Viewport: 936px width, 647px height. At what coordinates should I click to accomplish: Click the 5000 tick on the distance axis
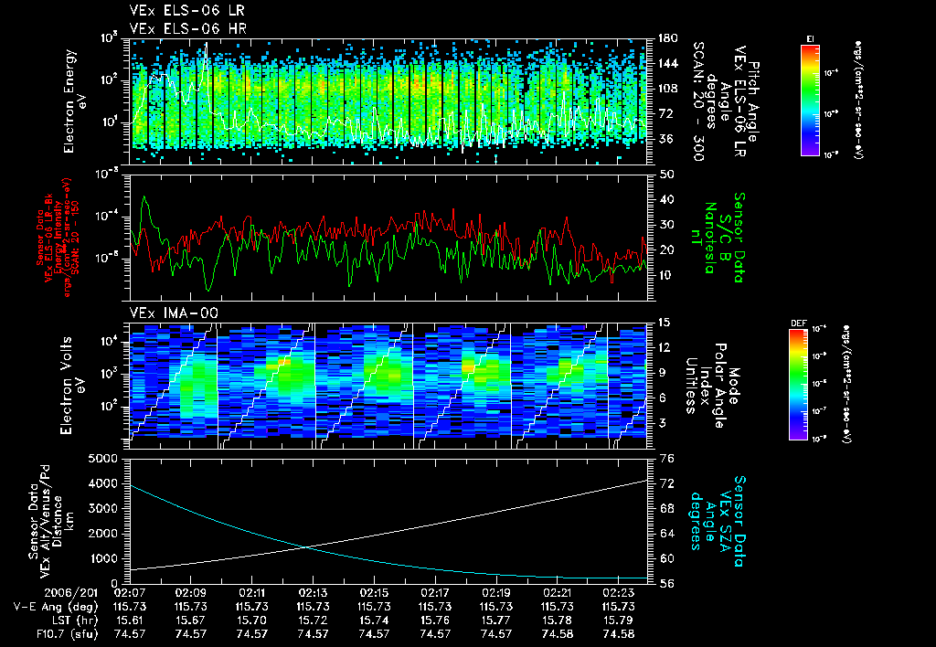pyautogui.click(x=107, y=458)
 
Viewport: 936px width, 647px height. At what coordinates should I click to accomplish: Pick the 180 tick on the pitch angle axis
pyautogui.click(x=665, y=38)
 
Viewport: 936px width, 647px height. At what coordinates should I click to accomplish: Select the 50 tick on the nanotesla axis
pyautogui.click(x=665, y=174)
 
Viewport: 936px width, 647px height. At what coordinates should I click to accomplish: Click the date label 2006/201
pyautogui.click(x=32, y=593)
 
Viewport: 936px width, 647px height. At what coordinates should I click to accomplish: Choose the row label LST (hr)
pyautogui.click(x=38, y=620)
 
